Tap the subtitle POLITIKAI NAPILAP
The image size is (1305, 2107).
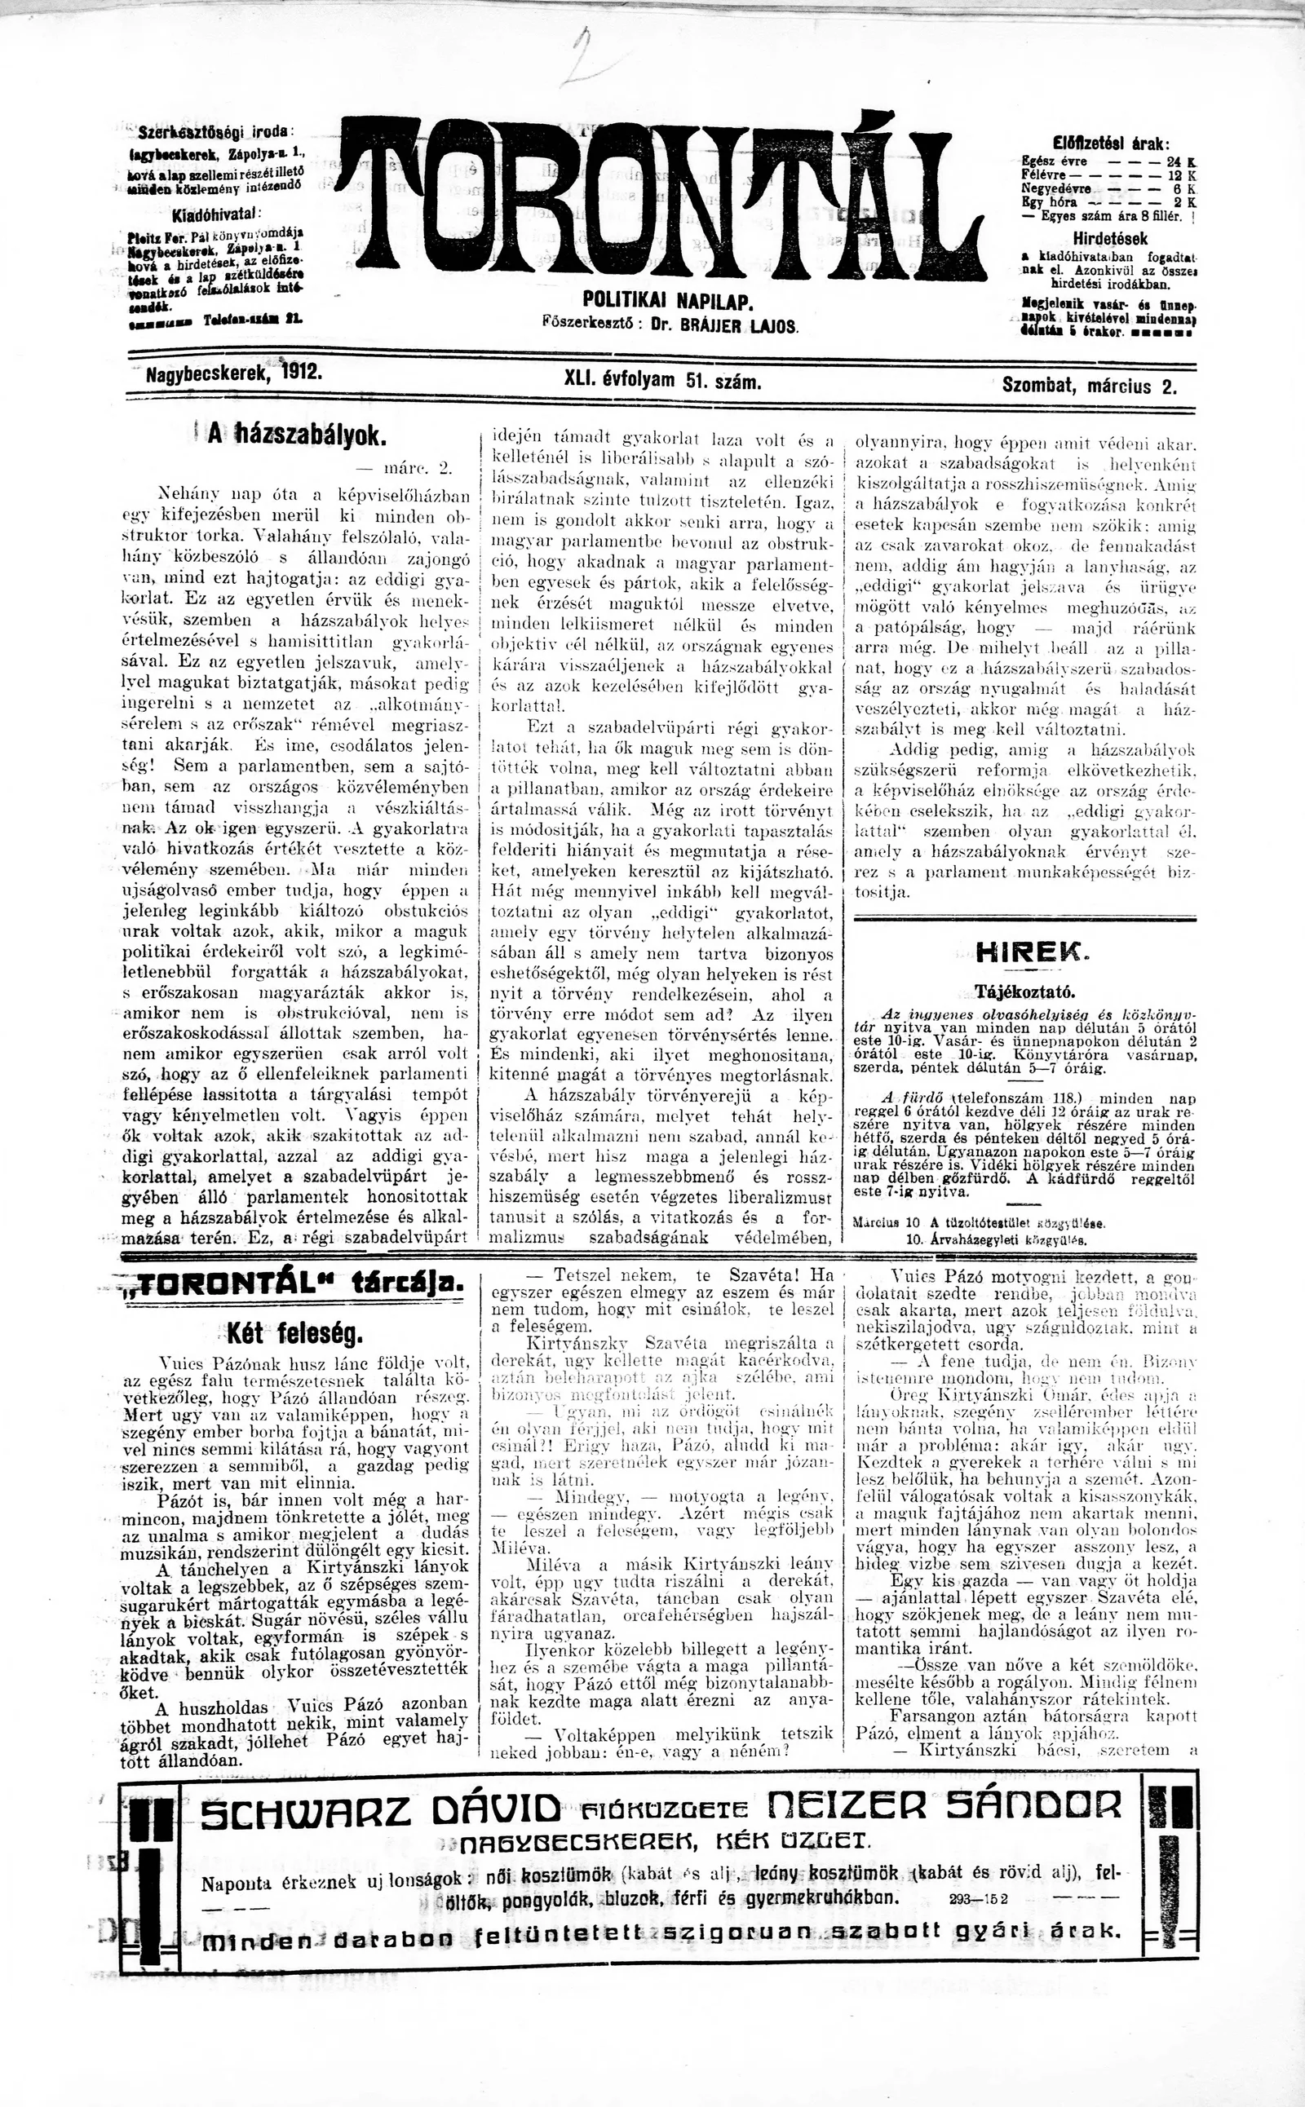669,301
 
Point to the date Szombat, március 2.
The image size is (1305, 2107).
1089,386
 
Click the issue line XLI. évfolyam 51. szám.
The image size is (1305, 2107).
662,380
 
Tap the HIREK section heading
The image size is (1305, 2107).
1024,952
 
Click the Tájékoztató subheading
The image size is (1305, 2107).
1024,991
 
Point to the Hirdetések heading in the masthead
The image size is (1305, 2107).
1110,239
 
